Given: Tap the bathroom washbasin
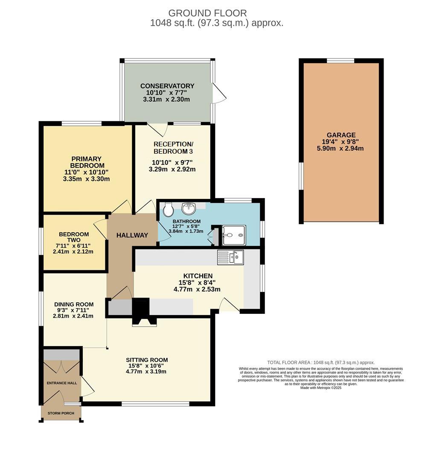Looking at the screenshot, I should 188,208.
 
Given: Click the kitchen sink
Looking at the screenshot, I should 230,257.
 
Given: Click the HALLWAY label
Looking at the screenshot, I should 132,235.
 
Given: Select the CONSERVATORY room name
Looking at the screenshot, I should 167,86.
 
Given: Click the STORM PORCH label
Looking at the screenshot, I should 61,413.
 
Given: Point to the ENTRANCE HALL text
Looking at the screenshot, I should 62,383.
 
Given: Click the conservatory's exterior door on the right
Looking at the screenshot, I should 218,93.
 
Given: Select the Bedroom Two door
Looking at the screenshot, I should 100,229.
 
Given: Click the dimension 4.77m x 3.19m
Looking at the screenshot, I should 146,371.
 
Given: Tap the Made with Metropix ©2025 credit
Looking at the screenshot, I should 321,388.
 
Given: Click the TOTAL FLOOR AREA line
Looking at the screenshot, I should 321,362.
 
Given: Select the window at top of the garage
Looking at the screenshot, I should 340,61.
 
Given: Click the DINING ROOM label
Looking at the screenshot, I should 73,304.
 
